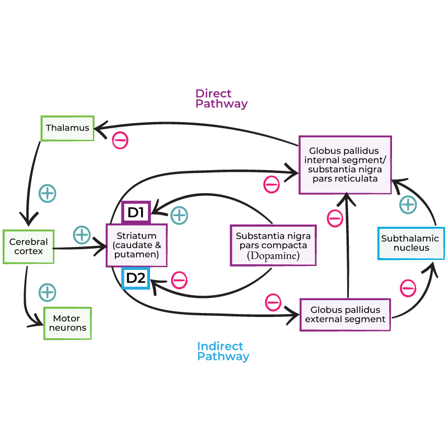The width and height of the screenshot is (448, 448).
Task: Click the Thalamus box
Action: pos(67,128)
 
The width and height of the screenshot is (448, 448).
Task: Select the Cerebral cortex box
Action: pos(28,246)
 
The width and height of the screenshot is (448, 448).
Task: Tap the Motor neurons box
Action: pos(67,323)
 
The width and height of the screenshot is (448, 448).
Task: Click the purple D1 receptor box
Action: pos(136,213)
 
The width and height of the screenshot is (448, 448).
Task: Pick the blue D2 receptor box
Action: pos(136,278)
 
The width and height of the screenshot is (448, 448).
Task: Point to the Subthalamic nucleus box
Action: pos(411,243)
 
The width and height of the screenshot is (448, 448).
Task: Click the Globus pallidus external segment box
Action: pos(345,315)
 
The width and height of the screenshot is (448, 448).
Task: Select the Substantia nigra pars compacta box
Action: pos(273,245)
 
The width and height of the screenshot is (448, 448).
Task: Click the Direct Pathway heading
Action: pos(221,99)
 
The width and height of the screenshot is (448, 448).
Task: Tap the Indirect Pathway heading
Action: pos(223,351)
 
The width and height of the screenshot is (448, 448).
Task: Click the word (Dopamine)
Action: pos(273,256)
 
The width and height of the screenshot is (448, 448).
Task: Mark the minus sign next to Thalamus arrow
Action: pos(120,140)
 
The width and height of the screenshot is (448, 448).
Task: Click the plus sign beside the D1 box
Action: pos(179,214)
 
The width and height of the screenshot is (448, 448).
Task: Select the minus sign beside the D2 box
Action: pos(179,279)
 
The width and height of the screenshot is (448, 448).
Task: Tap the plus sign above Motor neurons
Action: pos(47,292)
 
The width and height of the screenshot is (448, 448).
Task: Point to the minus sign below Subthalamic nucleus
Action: pos(408,288)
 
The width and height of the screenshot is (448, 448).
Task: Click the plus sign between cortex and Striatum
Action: pos(82,235)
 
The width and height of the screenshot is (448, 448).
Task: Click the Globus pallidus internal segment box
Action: pos(344,165)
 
